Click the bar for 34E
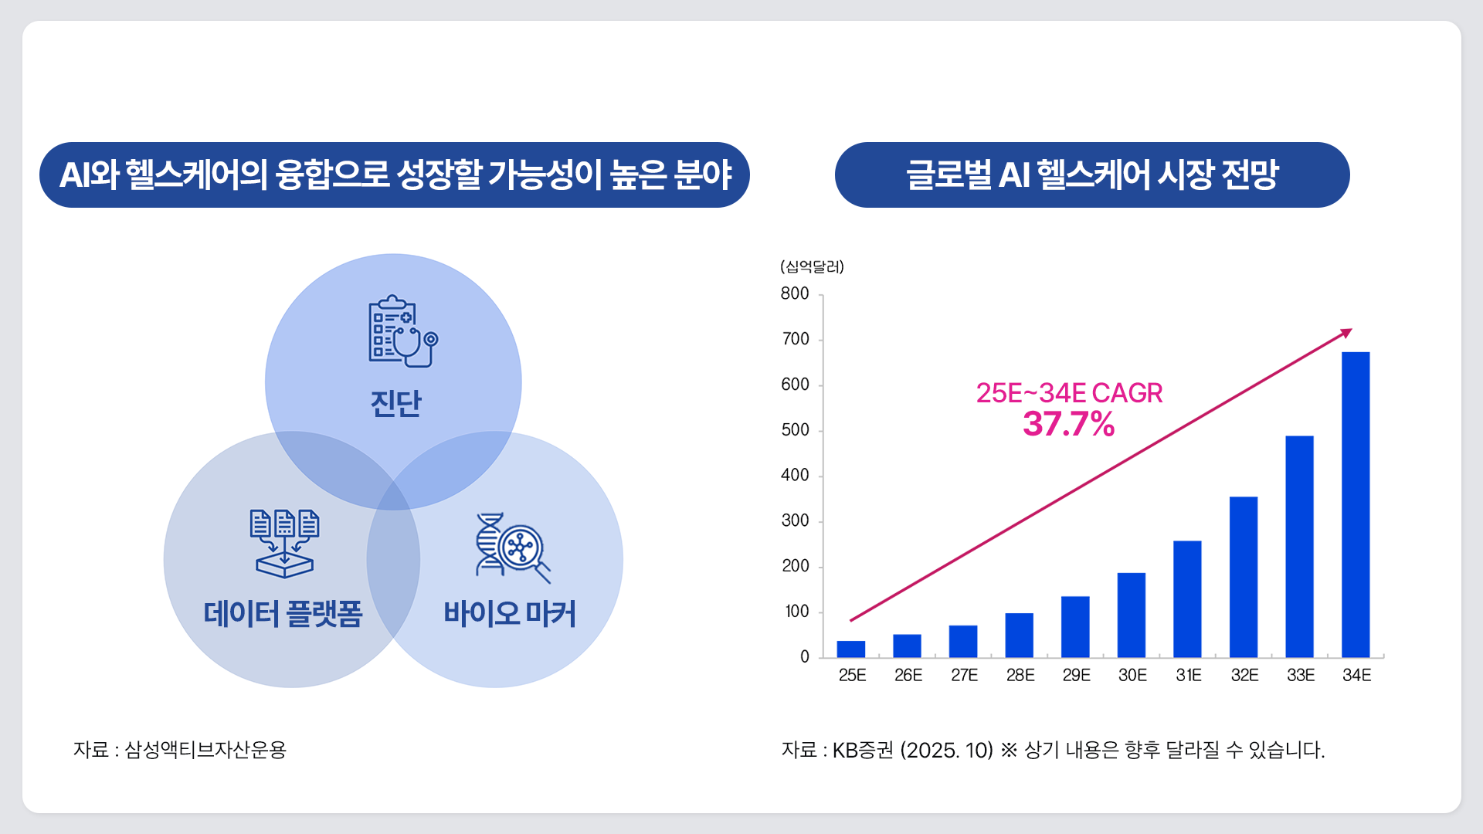[x=1356, y=504]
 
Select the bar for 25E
[x=851, y=649]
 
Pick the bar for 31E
[x=1187, y=599]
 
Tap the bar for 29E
[x=1075, y=626]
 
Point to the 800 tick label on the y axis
[x=795, y=293]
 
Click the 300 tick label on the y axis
[x=795, y=520]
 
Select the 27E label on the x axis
[x=964, y=675]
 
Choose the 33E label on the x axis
[x=1301, y=675]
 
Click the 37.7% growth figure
[x=1069, y=424]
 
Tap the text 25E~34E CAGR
[x=1069, y=393]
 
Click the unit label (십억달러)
[x=812, y=266]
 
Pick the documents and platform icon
[x=284, y=543]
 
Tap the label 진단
[x=395, y=403]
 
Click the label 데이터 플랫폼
[x=283, y=614]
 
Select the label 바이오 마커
[x=510, y=614]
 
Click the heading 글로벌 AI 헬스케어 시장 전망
[x=1092, y=175]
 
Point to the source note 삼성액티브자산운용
[x=205, y=750]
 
